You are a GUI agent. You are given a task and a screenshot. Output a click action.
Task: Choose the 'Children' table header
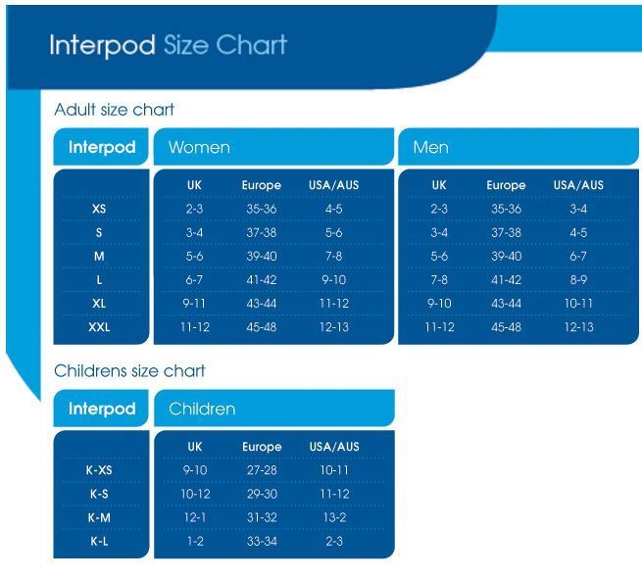coord(203,408)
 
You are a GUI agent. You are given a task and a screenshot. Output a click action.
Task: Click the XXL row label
coord(100,327)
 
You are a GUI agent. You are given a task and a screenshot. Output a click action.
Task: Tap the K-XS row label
coord(100,469)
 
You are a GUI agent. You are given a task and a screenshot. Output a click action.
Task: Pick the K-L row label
coord(100,541)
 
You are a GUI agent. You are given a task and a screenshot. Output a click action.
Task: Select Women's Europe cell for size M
coord(261,256)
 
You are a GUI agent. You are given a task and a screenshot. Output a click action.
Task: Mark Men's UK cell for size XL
coord(438,304)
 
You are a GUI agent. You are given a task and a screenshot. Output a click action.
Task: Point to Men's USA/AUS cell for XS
coord(577,209)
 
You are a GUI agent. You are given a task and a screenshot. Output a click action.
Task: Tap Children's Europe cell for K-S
coord(261,493)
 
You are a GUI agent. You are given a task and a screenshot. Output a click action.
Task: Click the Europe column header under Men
coord(506,184)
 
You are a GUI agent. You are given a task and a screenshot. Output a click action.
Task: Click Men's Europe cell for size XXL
coord(506,327)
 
